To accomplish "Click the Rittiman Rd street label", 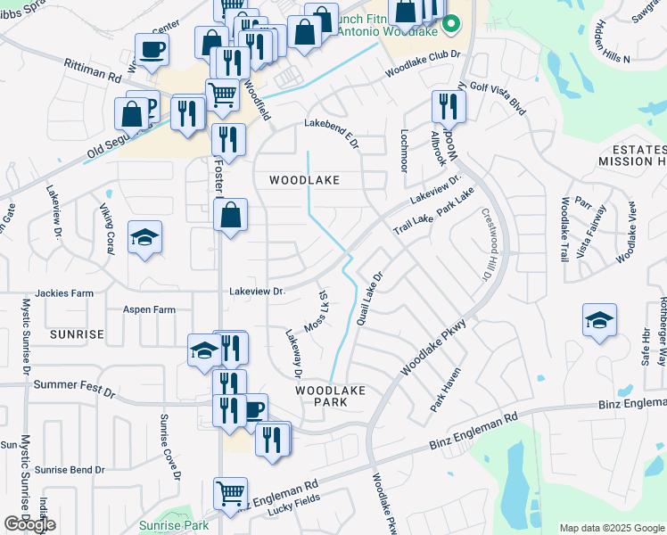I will click(92, 70).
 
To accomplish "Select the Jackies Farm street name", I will click(64, 292).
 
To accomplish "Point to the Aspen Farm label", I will click(149, 310).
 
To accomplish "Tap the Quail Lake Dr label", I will click(369, 298).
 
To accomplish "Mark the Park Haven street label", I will click(444, 390).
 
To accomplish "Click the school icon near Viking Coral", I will click(144, 238).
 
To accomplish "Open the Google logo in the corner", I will click(29, 524).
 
